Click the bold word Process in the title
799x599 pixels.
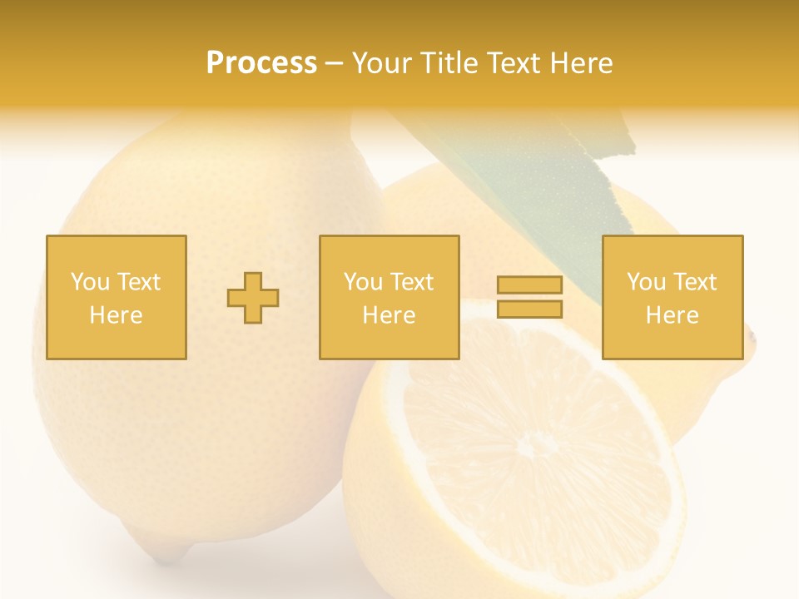[x=261, y=63]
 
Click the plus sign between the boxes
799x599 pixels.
[x=253, y=297]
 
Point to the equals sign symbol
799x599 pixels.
[x=529, y=297]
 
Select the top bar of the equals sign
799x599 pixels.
[x=529, y=285]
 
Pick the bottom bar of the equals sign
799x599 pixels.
[x=529, y=309]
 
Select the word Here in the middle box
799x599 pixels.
[x=389, y=315]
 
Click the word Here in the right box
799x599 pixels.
[x=672, y=315]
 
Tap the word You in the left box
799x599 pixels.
[x=89, y=282]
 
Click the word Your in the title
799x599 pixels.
[x=380, y=63]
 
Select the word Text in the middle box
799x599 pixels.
[x=412, y=282]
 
